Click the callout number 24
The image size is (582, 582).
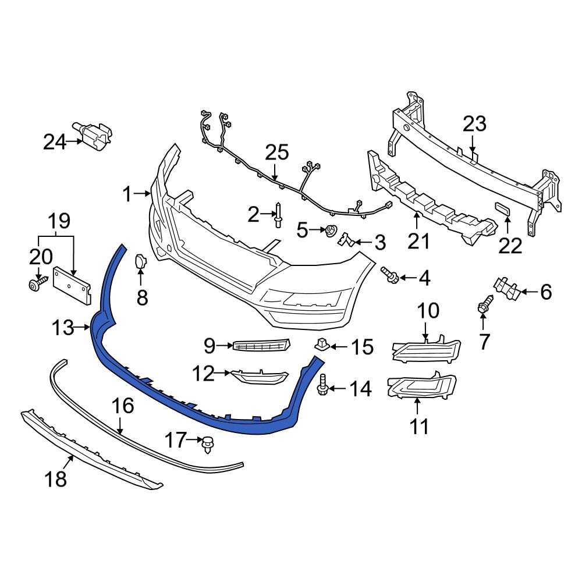(x=55, y=141)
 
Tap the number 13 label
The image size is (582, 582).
(x=62, y=328)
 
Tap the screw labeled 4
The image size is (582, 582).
(x=391, y=276)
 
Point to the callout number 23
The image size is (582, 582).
(x=474, y=125)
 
